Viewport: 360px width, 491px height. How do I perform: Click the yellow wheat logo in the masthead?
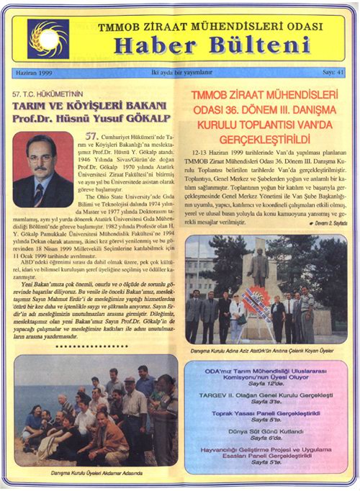[x=48, y=38]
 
